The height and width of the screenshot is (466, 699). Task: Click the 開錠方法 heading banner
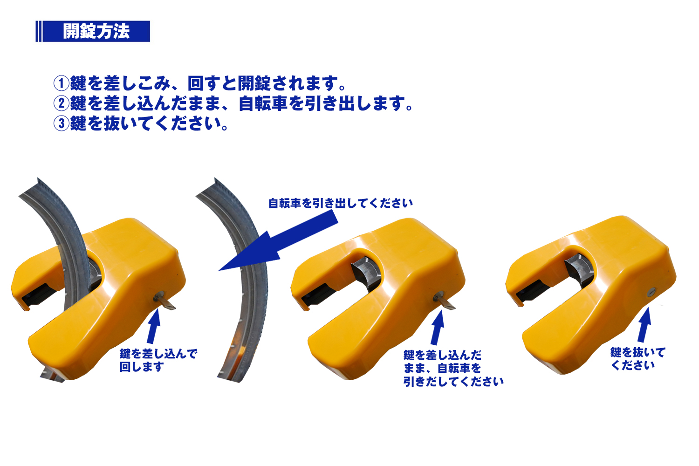coord(93,31)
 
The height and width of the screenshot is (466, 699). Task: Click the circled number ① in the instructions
coord(61,84)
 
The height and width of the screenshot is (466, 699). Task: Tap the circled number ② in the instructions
coord(61,103)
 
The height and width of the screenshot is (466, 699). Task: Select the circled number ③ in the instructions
coord(61,123)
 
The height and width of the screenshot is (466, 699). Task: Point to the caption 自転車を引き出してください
coord(340,203)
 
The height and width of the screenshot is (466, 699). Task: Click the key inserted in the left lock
coord(166,301)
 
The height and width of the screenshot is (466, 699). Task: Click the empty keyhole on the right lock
coord(651,292)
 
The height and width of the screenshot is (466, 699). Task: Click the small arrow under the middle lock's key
coord(437,327)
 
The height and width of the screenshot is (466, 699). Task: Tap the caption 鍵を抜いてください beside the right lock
coord(637,359)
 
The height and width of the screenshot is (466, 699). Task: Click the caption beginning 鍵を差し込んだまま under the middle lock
coord(452,368)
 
